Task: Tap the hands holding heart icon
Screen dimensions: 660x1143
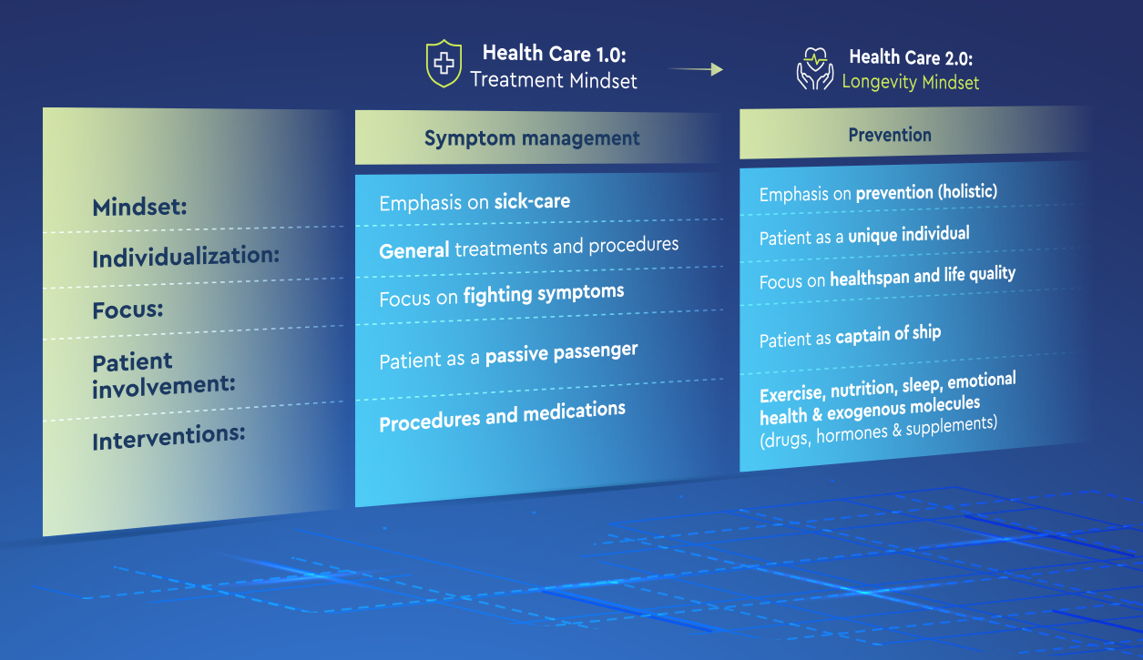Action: click(815, 69)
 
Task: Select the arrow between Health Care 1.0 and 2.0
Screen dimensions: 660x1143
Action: click(696, 69)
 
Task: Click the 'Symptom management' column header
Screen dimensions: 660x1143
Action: click(532, 138)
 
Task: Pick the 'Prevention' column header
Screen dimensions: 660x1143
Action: click(890, 135)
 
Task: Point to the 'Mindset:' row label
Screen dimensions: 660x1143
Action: click(139, 208)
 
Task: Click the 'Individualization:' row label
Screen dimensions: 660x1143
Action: click(186, 257)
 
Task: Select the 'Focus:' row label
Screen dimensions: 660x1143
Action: click(128, 310)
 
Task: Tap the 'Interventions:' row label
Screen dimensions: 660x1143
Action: click(168, 437)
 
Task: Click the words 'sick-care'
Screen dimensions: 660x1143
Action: click(532, 201)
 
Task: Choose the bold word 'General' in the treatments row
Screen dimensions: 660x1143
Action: click(414, 249)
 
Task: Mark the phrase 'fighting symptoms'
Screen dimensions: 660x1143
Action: click(544, 294)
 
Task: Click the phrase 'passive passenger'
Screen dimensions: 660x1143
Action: click(561, 353)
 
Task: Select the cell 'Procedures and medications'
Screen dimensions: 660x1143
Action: click(502, 415)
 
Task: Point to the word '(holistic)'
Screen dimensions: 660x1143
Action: click(968, 191)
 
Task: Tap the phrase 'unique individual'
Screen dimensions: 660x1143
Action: click(909, 235)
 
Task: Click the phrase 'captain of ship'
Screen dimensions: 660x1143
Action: click(889, 335)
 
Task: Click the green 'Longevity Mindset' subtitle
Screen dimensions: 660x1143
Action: click(910, 82)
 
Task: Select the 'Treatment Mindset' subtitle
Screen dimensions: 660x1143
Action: click(554, 80)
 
